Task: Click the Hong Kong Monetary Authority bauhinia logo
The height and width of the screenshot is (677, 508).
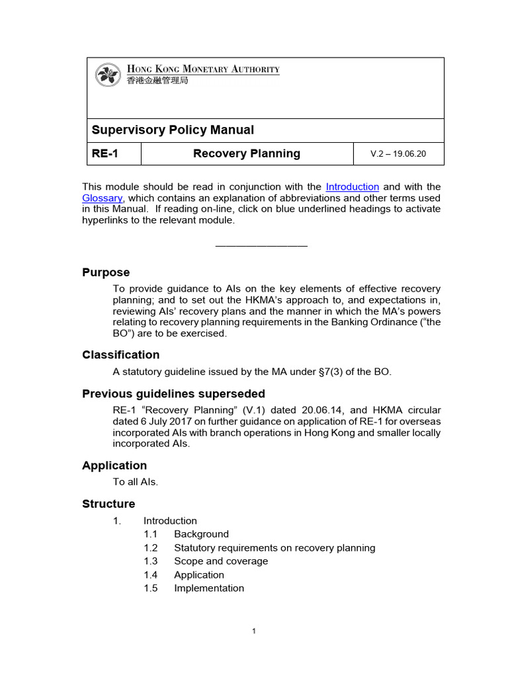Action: [108, 74]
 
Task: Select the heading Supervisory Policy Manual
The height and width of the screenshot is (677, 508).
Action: [172, 130]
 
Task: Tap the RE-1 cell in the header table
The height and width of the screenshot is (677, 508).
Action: [106, 153]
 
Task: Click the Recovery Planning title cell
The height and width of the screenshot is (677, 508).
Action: [246, 153]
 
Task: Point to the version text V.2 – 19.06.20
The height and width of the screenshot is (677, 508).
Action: [398, 154]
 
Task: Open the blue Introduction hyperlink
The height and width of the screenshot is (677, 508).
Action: [352, 187]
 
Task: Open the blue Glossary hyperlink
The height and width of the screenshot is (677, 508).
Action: [102, 198]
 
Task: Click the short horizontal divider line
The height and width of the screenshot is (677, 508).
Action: [261, 246]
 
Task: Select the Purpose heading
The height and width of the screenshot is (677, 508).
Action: [106, 272]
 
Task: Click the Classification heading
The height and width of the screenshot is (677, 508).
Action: [120, 354]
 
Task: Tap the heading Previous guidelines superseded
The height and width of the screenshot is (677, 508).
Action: [173, 393]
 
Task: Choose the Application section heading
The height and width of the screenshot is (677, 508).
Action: [114, 465]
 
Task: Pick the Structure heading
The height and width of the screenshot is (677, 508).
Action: [108, 504]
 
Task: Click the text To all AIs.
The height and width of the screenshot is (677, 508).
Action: [136, 482]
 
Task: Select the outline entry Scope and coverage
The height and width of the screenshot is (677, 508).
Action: [220, 561]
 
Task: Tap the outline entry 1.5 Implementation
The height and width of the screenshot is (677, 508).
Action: [208, 588]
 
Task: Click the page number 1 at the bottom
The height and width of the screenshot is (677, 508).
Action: [253, 631]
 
